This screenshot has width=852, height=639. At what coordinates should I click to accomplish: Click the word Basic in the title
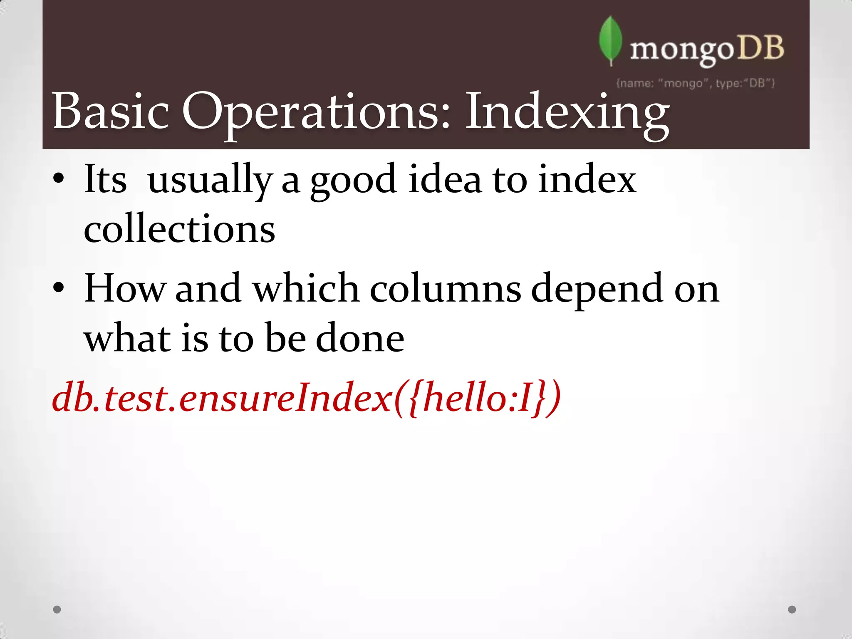(x=111, y=111)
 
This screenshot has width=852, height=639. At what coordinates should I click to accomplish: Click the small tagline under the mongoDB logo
(x=695, y=84)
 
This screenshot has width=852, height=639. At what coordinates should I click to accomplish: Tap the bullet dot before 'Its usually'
(x=59, y=179)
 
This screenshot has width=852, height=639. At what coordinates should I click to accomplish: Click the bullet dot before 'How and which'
(x=59, y=287)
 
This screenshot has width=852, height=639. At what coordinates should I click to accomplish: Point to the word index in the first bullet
(x=587, y=180)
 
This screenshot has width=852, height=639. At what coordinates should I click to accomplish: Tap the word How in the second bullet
(x=125, y=288)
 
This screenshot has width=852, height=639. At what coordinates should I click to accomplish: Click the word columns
(x=445, y=288)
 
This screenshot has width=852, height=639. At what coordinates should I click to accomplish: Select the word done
(x=360, y=338)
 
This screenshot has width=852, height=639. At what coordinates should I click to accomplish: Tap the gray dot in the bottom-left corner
(x=57, y=609)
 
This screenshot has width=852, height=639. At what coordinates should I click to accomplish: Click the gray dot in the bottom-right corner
(x=792, y=609)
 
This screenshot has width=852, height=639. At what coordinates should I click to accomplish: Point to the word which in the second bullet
(x=306, y=288)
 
